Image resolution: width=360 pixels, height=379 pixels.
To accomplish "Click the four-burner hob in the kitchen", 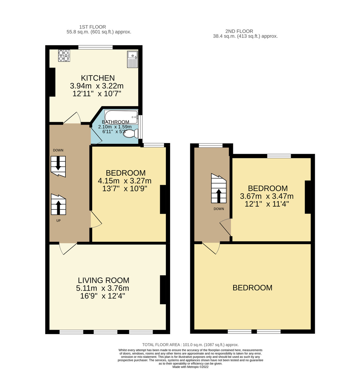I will tap(64, 56).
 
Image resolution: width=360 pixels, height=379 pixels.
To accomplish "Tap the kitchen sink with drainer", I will tap(133, 59).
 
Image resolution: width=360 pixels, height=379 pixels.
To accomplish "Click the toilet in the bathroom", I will tap(131, 134).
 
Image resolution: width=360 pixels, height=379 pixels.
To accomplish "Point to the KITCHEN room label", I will tap(98, 78).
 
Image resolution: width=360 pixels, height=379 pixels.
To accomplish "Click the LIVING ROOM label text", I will tap(104, 280).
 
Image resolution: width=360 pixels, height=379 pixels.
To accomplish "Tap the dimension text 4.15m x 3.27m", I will tap(125, 181).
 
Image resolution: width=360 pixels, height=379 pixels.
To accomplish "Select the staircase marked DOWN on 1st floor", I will tap(58, 166).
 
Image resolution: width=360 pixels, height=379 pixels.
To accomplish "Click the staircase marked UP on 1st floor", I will tap(58, 205).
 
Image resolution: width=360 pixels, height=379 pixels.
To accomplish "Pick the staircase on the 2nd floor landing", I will tap(219, 189).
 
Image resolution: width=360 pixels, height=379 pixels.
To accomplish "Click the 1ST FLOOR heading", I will tap(93, 27).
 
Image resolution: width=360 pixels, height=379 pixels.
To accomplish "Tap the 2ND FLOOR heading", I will tap(239, 31).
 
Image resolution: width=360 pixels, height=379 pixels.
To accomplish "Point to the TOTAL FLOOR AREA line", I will tap(190, 345).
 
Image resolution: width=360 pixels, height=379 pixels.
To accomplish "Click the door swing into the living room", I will tap(67, 248).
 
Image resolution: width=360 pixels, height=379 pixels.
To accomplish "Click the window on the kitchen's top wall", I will tap(95, 47).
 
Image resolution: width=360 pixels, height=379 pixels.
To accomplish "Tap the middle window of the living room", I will tap(106, 332).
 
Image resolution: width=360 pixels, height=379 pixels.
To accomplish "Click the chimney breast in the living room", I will tap(163, 290).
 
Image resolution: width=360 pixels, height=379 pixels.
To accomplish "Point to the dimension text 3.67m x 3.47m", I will tap(267, 196).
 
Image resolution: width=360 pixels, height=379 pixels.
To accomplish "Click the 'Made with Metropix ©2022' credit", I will tap(190, 367).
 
